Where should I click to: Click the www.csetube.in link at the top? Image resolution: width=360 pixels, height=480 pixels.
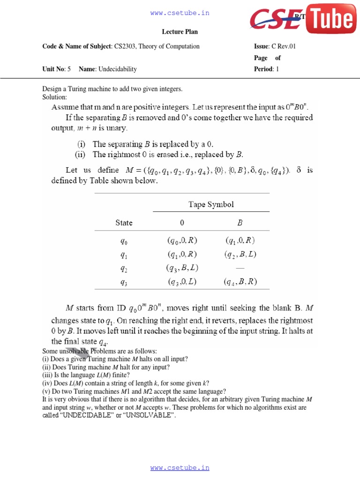(x=180, y=13)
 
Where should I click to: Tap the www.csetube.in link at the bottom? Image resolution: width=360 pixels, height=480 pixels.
(x=180, y=468)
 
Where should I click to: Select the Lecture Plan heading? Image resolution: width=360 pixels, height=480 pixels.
(x=180, y=32)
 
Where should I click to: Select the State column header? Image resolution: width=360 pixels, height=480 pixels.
(x=124, y=223)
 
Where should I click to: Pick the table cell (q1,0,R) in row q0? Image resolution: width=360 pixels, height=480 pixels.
(x=240, y=240)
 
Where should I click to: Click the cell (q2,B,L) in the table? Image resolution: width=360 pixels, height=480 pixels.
(x=240, y=255)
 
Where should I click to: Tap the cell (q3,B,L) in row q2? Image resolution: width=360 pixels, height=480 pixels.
(x=182, y=268)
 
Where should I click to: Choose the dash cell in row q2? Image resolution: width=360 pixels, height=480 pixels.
(x=240, y=268)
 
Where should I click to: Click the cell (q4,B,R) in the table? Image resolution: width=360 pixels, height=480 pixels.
(x=240, y=282)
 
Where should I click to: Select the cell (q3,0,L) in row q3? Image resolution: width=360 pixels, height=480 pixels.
(x=182, y=282)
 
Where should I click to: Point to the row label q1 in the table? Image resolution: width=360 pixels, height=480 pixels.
(x=124, y=255)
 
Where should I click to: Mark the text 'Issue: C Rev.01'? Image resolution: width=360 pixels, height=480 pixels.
(x=275, y=46)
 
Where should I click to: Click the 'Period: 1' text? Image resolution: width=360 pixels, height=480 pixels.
(x=266, y=69)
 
